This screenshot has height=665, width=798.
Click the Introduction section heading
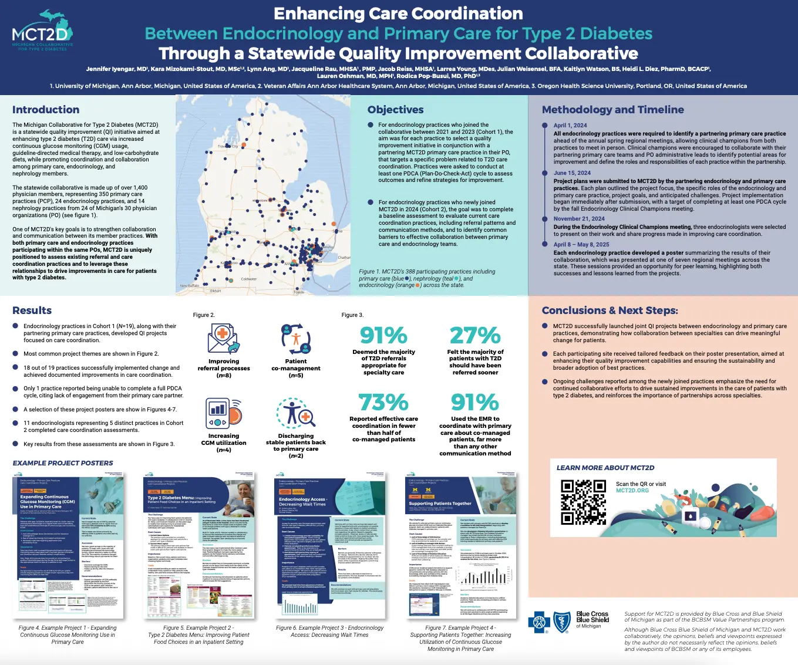(x=46, y=110)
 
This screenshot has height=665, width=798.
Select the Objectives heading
(x=395, y=110)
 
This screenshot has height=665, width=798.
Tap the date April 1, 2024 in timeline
(x=570, y=126)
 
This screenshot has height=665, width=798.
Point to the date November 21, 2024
(x=579, y=219)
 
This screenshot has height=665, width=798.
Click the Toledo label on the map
(x=299, y=292)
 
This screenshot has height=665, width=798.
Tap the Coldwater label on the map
(x=249, y=279)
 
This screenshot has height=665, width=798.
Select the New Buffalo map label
(x=190, y=286)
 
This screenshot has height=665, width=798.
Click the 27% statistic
(x=475, y=336)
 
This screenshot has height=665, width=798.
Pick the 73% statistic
(x=383, y=403)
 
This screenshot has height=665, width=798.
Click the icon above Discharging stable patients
(x=296, y=413)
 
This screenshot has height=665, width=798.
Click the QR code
(x=582, y=501)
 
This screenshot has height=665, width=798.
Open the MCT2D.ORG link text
(x=632, y=491)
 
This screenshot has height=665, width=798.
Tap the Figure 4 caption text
(x=68, y=635)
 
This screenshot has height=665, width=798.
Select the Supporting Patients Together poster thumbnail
(x=462, y=544)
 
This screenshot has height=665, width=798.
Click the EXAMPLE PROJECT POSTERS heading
(x=63, y=463)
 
